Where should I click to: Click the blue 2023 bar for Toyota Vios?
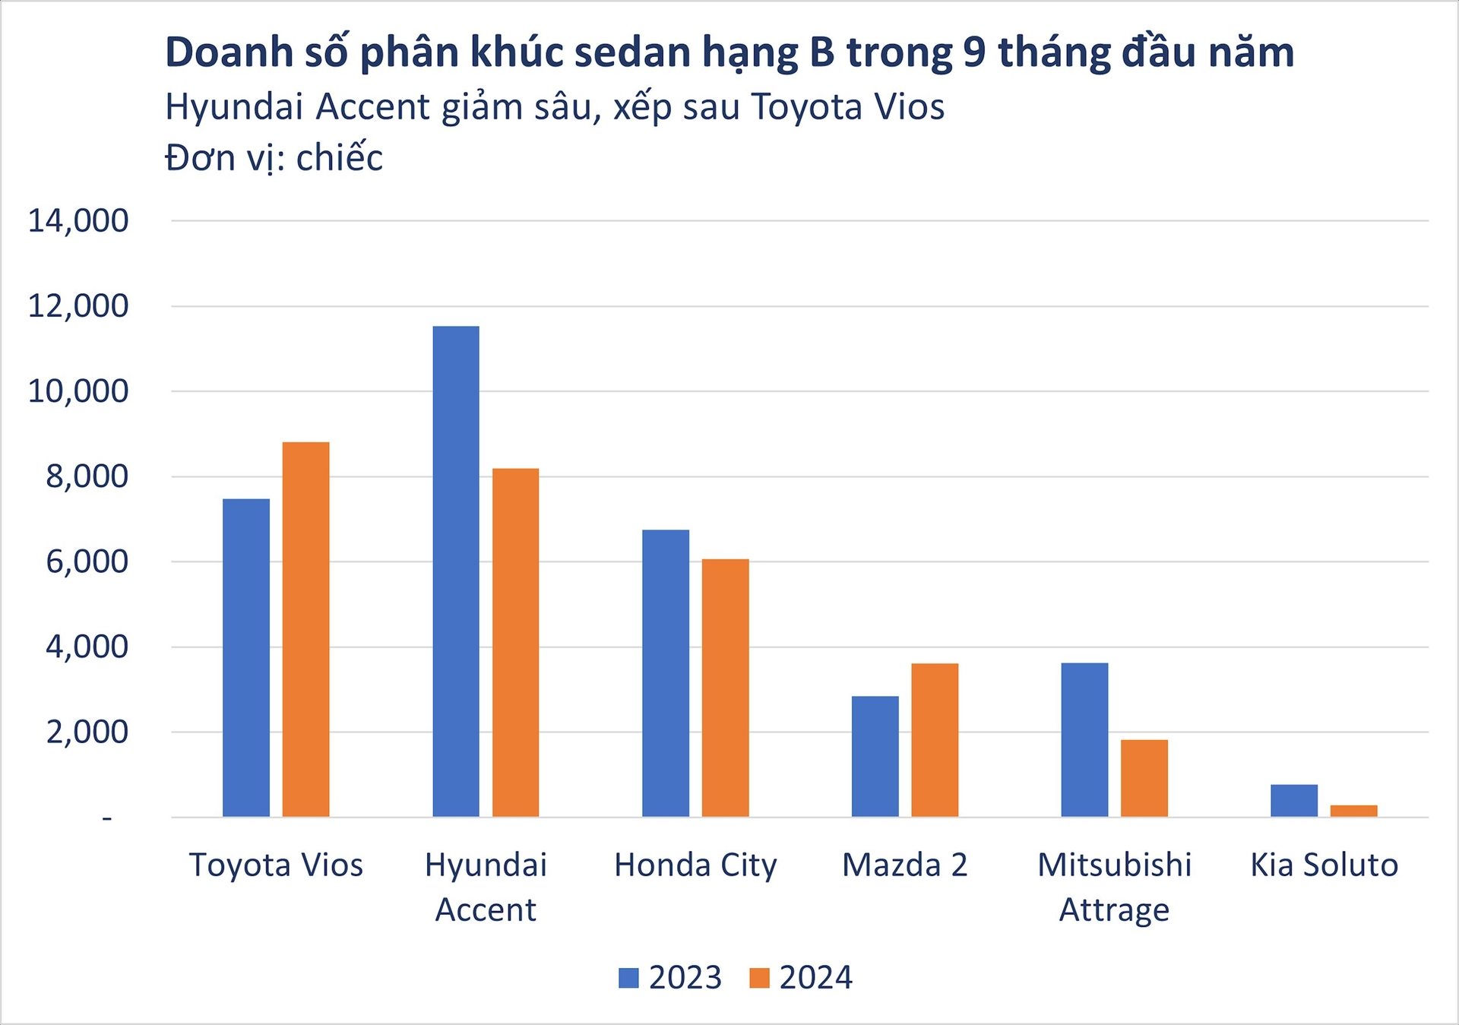[246, 657]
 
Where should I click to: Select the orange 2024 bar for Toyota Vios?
[305, 629]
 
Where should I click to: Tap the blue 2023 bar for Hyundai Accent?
[456, 571]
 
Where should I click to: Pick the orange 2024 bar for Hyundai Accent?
[515, 642]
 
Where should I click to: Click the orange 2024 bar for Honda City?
[725, 688]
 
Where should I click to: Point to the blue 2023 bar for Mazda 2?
[875, 756]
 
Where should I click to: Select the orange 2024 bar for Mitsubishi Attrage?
[1144, 778]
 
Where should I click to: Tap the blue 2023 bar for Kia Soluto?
[1294, 800]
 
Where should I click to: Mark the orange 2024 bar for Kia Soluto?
[1353, 811]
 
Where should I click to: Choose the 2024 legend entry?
[801, 977]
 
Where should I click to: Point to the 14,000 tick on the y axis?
[78, 221]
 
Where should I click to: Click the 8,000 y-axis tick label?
[87, 477]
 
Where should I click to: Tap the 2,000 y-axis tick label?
[87, 732]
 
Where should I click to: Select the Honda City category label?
[695, 865]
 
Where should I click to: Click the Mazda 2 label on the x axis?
[904, 865]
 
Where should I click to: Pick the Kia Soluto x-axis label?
[1324, 865]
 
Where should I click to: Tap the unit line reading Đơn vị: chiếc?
[274, 158]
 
